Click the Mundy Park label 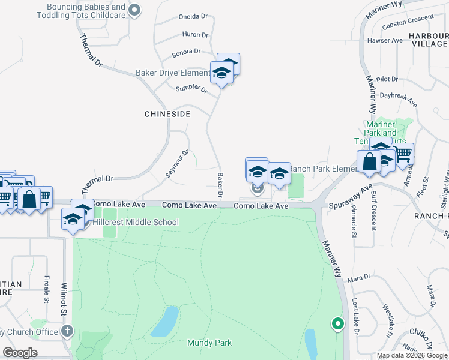click(x=209, y=343)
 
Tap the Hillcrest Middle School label click(x=135, y=222)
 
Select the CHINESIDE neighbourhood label click(x=167, y=113)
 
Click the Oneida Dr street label click(x=193, y=17)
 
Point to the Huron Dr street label click(x=195, y=35)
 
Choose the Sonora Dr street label click(x=190, y=53)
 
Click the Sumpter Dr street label click(x=191, y=89)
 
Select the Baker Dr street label click(x=220, y=185)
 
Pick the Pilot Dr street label click(x=387, y=79)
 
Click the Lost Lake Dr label click(x=355, y=325)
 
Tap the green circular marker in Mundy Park click(x=337, y=324)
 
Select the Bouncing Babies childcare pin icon click(x=135, y=9)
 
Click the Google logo click(x=20, y=353)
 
